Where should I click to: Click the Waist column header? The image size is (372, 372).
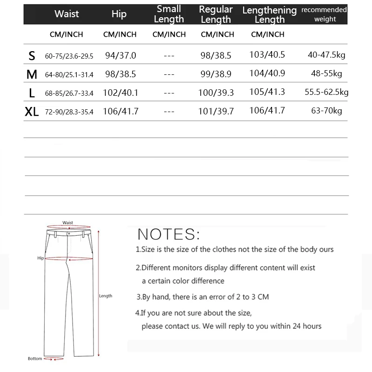pyautogui.click(x=66, y=14)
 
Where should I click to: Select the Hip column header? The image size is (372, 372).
pyautogui.click(x=119, y=14)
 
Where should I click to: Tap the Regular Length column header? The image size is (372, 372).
pyautogui.click(x=216, y=14)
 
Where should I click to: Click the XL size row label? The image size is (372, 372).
pyautogui.click(x=32, y=112)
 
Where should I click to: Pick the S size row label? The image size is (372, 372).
pyautogui.click(x=32, y=56)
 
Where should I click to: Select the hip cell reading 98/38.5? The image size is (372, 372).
pyautogui.click(x=120, y=74)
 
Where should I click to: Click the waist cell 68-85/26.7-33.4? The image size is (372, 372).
pyautogui.click(x=69, y=93)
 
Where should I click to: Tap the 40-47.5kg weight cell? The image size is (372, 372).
pyautogui.click(x=326, y=55)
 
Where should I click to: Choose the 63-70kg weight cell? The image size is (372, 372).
pyautogui.click(x=326, y=111)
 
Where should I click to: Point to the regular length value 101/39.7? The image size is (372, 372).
pyautogui.click(x=216, y=111)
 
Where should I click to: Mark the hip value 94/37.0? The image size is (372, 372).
pyautogui.click(x=120, y=56)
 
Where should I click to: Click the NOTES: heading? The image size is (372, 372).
pyautogui.click(x=169, y=233)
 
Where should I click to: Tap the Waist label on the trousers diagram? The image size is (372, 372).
pyautogui.click(x=68, y=223)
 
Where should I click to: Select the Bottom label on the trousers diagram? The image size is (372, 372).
pyautogui.click(x=34, y=359)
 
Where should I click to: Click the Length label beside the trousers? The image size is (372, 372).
pyautogui.click(x=106, y=296)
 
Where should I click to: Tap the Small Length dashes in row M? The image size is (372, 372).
pyautogui.click(x=169, y=74)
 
